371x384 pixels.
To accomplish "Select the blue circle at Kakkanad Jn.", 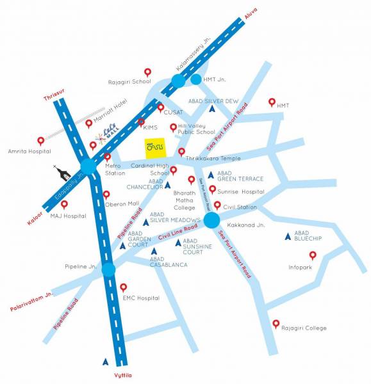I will point(211,220).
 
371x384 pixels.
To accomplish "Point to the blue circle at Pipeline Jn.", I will point(108,269).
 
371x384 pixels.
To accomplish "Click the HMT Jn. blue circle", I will point(196,80).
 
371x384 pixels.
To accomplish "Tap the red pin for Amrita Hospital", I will point(41,141).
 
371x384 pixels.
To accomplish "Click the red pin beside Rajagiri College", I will point(276,323).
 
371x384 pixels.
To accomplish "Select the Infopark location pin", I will point(313,255).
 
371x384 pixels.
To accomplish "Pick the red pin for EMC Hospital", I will point(124,287).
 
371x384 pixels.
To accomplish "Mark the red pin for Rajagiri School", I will point(147,72).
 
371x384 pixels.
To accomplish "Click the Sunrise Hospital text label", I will point(241,191).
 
